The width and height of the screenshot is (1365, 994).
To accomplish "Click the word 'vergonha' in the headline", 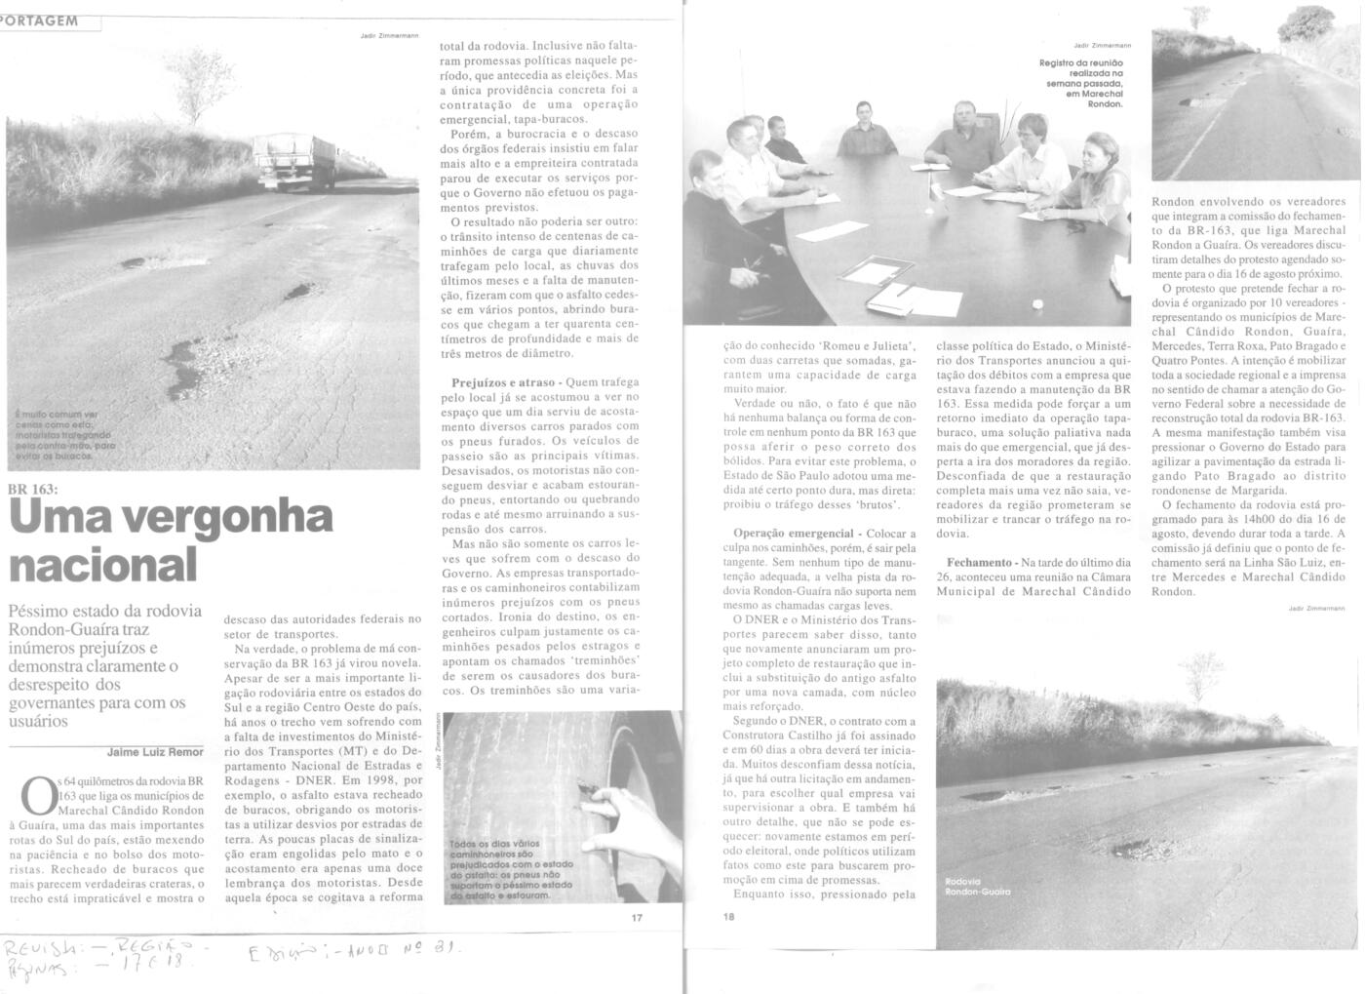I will [224, 517].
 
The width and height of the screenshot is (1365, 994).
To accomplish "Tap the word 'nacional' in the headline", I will [103, 563].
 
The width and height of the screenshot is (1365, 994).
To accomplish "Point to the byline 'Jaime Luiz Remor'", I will [155, 752].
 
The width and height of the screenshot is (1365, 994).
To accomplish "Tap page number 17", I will [637, 917].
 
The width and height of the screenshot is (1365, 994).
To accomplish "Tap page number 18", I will [729, 917].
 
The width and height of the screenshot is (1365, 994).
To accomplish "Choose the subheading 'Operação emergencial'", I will [792, 534].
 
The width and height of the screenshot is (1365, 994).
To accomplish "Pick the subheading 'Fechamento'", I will [979, 563].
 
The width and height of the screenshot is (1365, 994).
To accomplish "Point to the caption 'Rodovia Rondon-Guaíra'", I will [978, 887].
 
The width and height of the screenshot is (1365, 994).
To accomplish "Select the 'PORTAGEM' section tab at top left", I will [41, 20].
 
